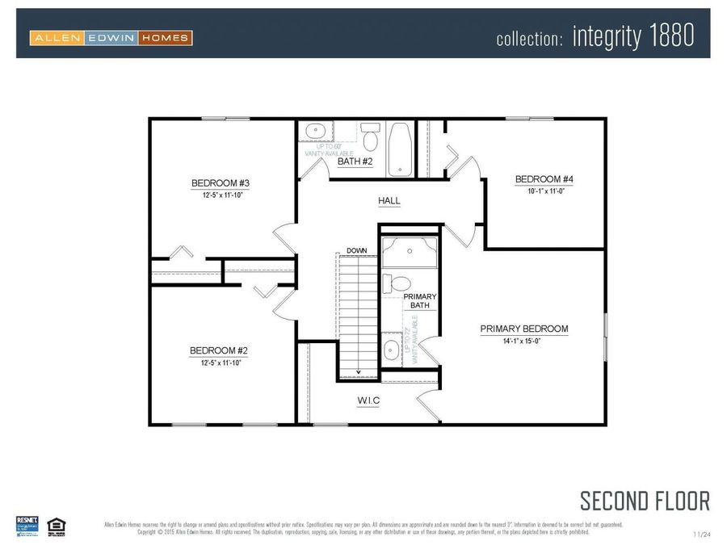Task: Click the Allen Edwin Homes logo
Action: [x=111, y=37]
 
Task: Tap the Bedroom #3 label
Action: [x=214, y=182]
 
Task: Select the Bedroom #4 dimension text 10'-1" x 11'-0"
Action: [x=537, y=191]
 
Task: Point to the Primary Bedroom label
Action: [x=523, y=329]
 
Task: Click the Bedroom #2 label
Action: [x=218, y=350]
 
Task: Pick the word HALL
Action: [x=389, y=200]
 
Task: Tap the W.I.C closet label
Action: [x=368, y=400]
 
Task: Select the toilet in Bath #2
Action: [x=371, y=138]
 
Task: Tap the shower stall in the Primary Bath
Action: [x=410, y=252]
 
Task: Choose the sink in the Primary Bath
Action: [x=390, y=349]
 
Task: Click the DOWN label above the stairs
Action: [x=356, y=250]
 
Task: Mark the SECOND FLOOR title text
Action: [x=645, y=501]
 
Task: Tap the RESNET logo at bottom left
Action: [x=27, y=524]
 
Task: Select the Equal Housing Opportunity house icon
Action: [x=56, y=525]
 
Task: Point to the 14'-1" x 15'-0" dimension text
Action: [x=523, y=342]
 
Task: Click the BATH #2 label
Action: [x=355, y=161]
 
